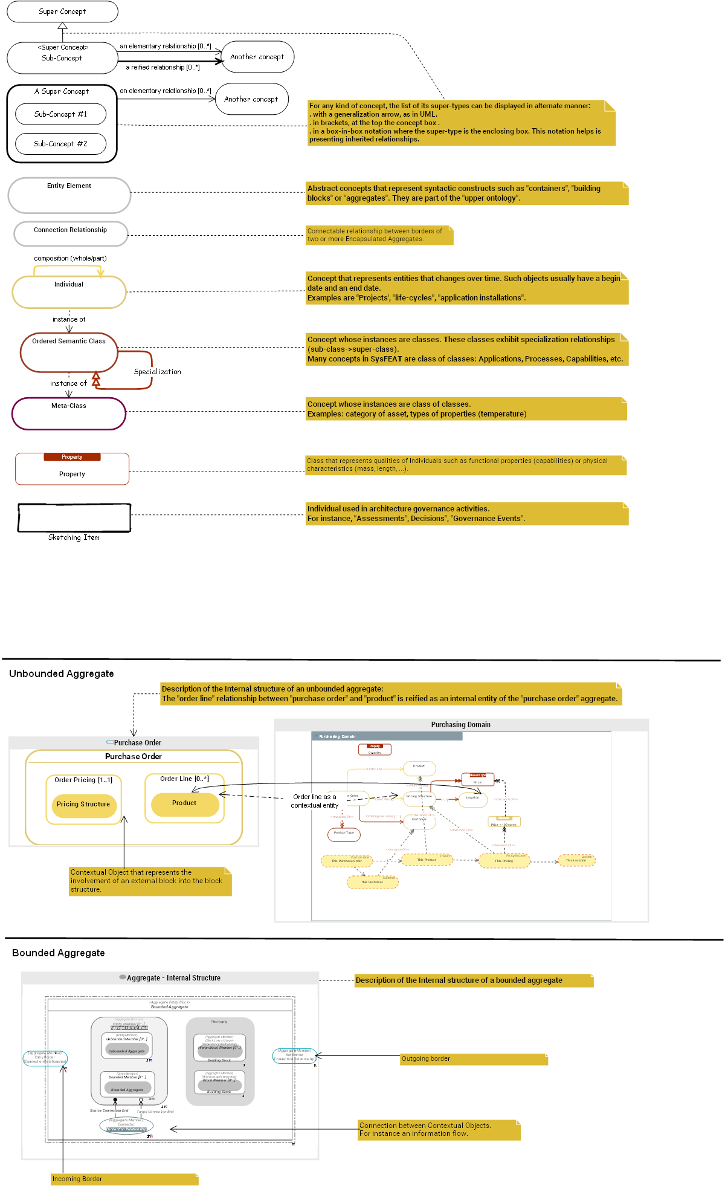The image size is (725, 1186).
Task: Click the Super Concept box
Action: click(x=62, y=11)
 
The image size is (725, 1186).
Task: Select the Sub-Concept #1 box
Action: click(x=60, y=114)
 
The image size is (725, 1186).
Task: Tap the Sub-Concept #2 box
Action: click(x=60, y=144)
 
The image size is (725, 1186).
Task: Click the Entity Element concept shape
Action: click(x=69, y=195)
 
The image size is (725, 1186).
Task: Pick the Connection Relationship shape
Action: click(x=71, y=233)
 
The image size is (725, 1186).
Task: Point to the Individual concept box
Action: click(x=69, y=293)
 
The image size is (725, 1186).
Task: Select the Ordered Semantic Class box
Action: click(x=69, y=352)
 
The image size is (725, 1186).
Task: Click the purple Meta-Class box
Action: click(x=69, y=414)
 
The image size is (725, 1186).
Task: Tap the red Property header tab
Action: click(x=72, y=457)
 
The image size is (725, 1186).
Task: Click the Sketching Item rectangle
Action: click(x=74, y=518)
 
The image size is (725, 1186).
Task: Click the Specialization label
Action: click(x=157, y=372)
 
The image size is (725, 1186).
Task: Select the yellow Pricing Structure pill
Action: click(x=83, y=805)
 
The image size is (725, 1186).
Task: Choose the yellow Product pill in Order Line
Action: click(x=184, y=803)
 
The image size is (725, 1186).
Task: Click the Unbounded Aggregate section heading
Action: click(x=62, y=674)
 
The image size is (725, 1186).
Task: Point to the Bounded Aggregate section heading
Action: click(x=59, y=953)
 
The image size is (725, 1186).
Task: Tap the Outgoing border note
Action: click(x=474, y=1059)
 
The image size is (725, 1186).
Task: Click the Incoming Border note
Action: click(x=124, y=1179)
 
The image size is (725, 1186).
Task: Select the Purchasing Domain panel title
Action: click(x=460, y=725)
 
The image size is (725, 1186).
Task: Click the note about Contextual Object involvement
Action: click(x=150, y=881)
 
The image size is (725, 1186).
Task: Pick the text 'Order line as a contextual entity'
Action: click(x=314, y=801)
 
